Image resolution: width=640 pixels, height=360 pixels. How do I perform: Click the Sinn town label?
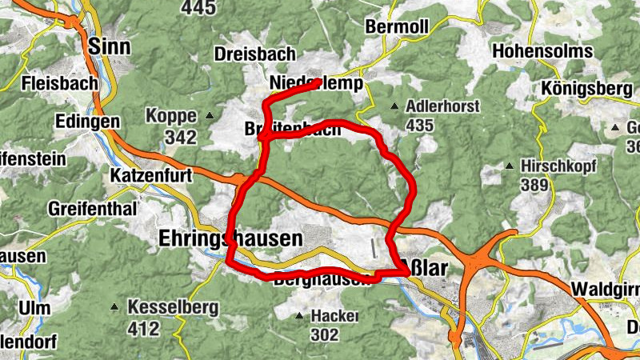[110, 46]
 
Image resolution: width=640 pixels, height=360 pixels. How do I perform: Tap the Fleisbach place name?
[61, 82]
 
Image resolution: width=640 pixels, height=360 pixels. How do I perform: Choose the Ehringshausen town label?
[231, 238]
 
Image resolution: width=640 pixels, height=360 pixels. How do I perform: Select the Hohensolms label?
[544, 51]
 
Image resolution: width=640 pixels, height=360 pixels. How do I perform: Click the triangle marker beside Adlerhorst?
[394, 106]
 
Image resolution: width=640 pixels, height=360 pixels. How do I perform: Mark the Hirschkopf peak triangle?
[510, 166]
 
